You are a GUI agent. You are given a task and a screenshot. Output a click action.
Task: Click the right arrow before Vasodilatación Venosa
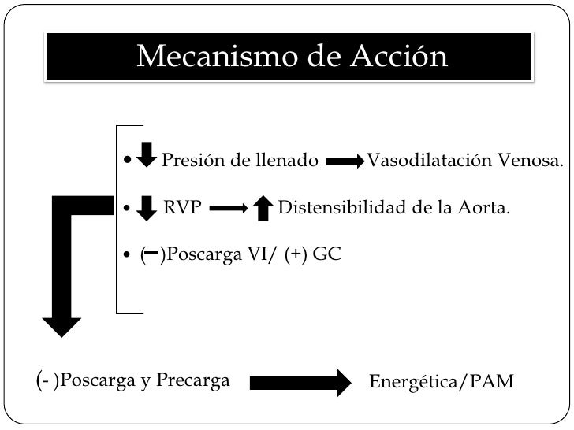click(345, 161)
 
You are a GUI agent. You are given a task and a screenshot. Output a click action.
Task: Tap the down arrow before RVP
click(146, 208)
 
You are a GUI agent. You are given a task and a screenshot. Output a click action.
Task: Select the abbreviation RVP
click(182, 209)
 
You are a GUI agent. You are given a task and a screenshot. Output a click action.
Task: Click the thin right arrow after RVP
click(229, 209)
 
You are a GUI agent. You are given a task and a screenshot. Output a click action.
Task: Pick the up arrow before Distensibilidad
click(264, 208)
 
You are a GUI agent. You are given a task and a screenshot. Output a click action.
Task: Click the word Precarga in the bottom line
click(192, 381)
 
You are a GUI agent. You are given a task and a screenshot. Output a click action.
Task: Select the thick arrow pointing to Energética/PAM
click(300, 382)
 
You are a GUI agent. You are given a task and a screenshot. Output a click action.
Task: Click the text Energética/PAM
click(442, 382)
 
